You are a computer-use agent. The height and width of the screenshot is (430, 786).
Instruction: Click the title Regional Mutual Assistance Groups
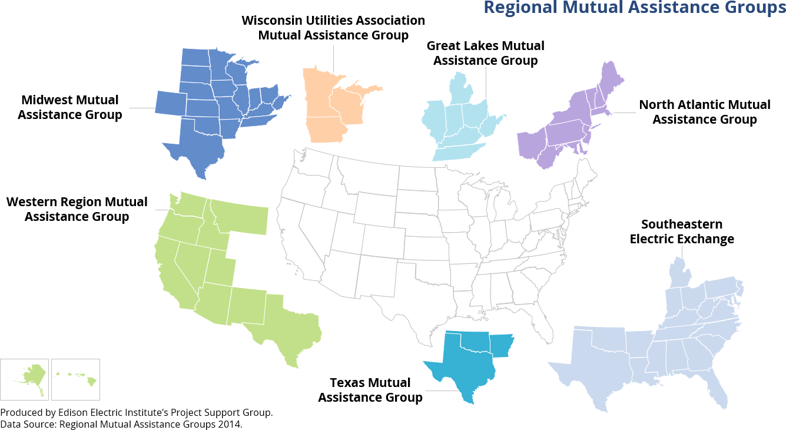(x=634, y=8)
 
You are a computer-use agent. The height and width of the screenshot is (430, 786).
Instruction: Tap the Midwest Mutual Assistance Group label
(x=70, y=107)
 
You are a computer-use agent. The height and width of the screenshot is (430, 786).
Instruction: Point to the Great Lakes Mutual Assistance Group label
(x=485, y=53)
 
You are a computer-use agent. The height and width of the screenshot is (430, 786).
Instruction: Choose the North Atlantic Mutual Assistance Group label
(x=704, y=112)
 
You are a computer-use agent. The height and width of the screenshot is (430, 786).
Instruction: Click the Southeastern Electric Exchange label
(x=682, y=231)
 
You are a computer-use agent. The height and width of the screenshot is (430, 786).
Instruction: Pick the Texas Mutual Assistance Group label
(x=370, y=390)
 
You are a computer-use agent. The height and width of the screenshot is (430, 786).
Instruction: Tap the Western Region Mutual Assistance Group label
(x=77, y=209)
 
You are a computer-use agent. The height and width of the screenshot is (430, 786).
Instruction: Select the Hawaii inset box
(x=75, y=379)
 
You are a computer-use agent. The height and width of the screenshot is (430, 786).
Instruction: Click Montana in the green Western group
(x=238, y=216)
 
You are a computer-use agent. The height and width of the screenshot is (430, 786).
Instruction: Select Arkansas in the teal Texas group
(x=502, y=345)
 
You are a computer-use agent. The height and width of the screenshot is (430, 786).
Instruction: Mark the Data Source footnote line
(x=121, y=424)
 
